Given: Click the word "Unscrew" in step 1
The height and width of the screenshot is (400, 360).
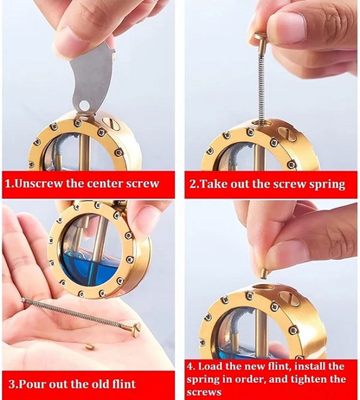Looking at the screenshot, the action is coord(38,184).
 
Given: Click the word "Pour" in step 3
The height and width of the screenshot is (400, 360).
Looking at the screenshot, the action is coord(33,384).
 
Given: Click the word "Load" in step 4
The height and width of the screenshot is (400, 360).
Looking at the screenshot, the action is coord(210,366).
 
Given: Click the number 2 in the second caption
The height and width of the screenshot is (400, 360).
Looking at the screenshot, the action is coord(192,184).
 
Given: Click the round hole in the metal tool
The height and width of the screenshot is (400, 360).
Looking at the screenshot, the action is coord(84,105).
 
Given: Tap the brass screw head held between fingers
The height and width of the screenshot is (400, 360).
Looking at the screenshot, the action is coord(260,38).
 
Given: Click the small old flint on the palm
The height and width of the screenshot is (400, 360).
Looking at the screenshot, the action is coord(90,346).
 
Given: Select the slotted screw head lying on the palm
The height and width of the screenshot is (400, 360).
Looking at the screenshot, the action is coord(136,330).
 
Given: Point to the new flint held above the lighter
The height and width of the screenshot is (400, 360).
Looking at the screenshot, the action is coord(264,274).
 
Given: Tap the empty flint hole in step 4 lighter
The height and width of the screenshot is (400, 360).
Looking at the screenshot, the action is coord(263,287).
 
